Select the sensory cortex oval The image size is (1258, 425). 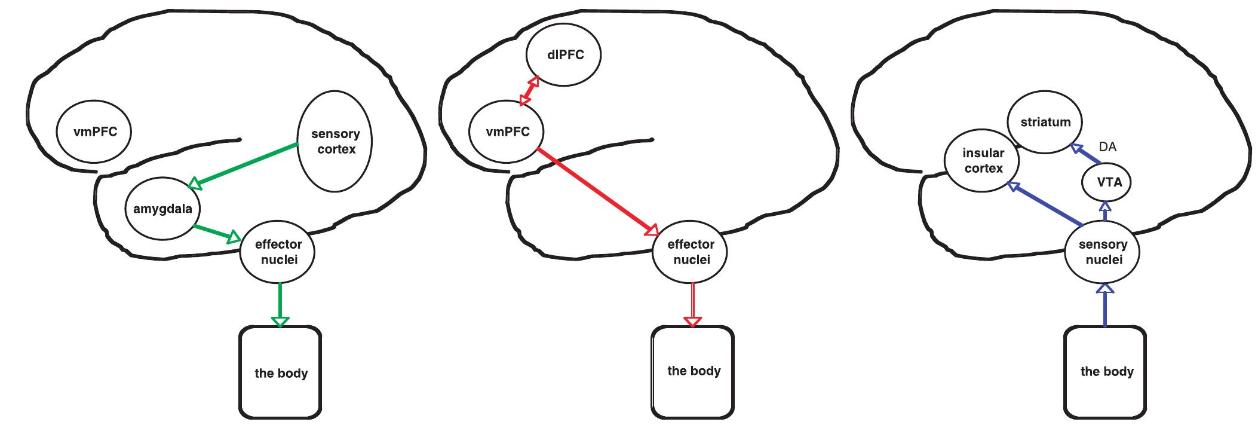coord(335,142)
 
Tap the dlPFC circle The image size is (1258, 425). coord(563,56)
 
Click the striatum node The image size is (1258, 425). coord(1045,123)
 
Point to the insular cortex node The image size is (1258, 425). coord(983,161)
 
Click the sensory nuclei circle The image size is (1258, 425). coord(1103,253)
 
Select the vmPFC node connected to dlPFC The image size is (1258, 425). coord(507,132)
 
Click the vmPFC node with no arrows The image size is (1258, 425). coord(94,132)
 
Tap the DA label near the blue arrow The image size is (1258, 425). coord(1107,147)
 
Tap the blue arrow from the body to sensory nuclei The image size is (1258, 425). coord(1105,305)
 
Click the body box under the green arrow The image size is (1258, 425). coord(281,373)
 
